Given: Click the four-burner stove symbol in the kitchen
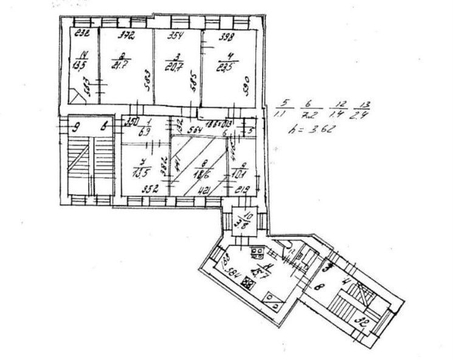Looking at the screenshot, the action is (x=248, y=283).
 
